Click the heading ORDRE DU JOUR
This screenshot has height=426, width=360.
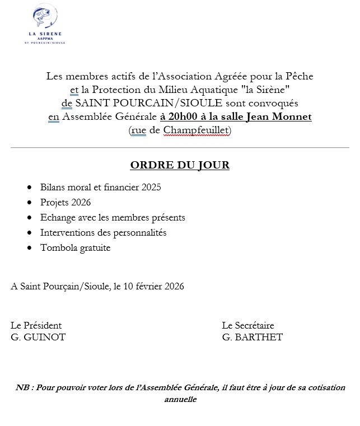pos(180,165)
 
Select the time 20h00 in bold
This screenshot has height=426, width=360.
pos(176,117)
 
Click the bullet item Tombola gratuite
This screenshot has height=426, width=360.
pos(75,247)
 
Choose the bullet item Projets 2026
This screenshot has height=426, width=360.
pos(65,202)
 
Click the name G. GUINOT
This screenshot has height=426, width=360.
pos(38,337)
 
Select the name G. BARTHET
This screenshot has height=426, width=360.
pos(252,337)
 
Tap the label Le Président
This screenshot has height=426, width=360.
pos(36,325)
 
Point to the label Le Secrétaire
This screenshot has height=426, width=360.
pos(248,325)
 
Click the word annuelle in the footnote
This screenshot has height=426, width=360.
pos(180,400)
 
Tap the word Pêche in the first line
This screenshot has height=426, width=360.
pos(298,76)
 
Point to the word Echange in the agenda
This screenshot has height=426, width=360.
pos(57,217)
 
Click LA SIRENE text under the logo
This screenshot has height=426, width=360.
pos(45,34)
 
